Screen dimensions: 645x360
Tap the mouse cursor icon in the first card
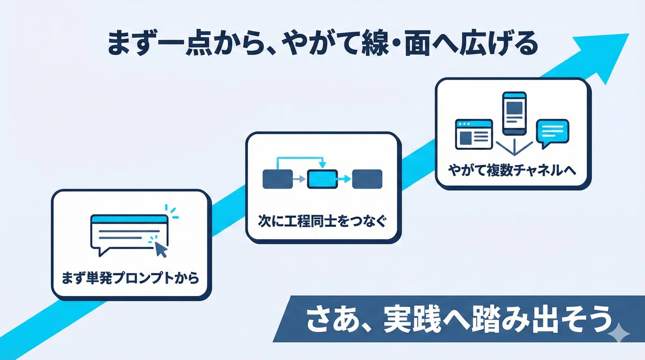161,249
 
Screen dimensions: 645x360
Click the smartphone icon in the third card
514,114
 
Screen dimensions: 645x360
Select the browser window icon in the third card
474,134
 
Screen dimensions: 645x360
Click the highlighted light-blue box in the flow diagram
322,179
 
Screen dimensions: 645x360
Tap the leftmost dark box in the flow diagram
277,179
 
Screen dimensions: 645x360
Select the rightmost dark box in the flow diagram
367,179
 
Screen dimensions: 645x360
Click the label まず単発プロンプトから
131,278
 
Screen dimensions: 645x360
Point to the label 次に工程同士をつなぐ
322,221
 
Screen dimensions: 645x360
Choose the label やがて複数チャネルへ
512,170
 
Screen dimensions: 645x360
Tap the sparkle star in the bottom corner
619,333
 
